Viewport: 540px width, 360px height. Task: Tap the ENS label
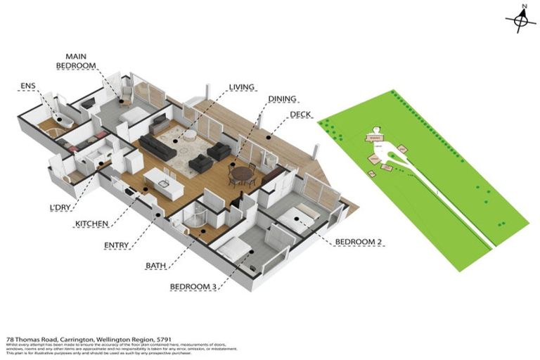(x=28, y=87)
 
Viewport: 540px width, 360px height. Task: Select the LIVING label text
(x=241, y=88)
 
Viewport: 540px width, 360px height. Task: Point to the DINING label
(x=282, y=99)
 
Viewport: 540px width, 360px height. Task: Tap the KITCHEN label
(x=92, y=224)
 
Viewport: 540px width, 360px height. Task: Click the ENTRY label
(x=117, y=245)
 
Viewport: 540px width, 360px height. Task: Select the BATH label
(x=155, y=266)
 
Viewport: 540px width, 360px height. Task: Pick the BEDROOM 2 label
(x=359, y=243)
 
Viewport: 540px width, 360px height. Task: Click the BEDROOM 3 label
(x=193, y=287)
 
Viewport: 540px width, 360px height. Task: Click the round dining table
(x=241, y=173)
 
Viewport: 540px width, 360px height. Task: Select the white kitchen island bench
(x=162, y=183)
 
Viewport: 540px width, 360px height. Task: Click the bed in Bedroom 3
(x=233, y=250)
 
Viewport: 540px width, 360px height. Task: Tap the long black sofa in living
(x=156, y=146)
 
